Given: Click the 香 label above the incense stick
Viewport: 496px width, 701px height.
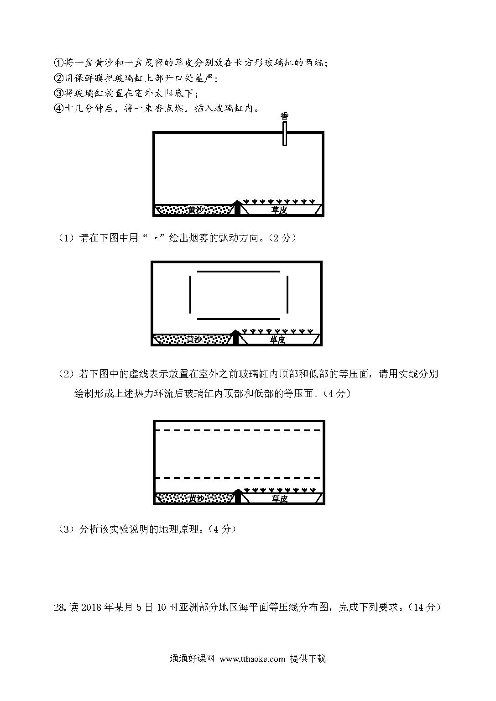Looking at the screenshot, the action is click(x=284, y=116).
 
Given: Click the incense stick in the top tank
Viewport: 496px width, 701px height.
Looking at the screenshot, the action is click(x=284, y=134).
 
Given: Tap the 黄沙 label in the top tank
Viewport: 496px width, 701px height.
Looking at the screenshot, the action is click(x=196, y=209).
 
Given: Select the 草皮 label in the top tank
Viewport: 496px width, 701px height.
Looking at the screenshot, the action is click(x=279, y=209).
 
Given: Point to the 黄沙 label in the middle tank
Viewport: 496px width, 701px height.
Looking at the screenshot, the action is click(x=194, y=339).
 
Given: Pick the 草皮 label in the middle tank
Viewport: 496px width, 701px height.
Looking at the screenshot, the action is click(x=277, y=339).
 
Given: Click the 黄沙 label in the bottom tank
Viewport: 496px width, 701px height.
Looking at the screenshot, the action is click(x=196, y=498).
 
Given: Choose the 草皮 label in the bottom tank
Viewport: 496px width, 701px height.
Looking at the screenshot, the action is click(x=279, y=498).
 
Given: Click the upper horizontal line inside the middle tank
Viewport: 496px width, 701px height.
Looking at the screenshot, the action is click(x=238, y=272).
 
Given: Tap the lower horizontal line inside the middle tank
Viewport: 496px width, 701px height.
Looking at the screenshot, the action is click(x=238, y=319).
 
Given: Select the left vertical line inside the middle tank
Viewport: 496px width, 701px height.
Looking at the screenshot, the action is click(x=190, y=294).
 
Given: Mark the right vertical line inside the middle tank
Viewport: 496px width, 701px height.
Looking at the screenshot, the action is click(x=287, y=294).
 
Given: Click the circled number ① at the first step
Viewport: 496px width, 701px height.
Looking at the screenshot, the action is click(x=59, y=63).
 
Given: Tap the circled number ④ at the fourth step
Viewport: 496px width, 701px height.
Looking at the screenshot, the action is click(x=59, y=109).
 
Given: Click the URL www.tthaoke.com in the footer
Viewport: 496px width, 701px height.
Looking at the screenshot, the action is click(x=252, y=659).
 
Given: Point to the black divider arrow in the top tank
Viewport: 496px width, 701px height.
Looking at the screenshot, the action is click(x=238, y=207).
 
